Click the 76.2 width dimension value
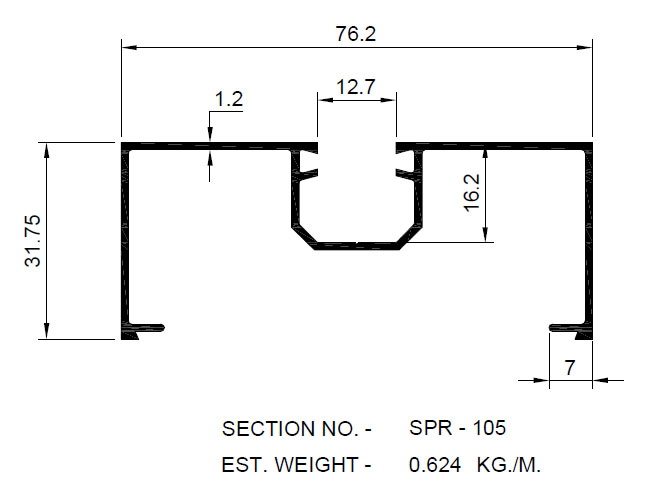coord(356,34)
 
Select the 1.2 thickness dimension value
coord(229,99)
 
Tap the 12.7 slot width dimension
coord(356,87)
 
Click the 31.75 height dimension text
coord(34,241)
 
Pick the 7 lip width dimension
coord(569,367)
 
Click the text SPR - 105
coord(458,428)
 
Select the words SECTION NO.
coord(289,429)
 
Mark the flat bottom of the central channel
coord(356,243)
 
